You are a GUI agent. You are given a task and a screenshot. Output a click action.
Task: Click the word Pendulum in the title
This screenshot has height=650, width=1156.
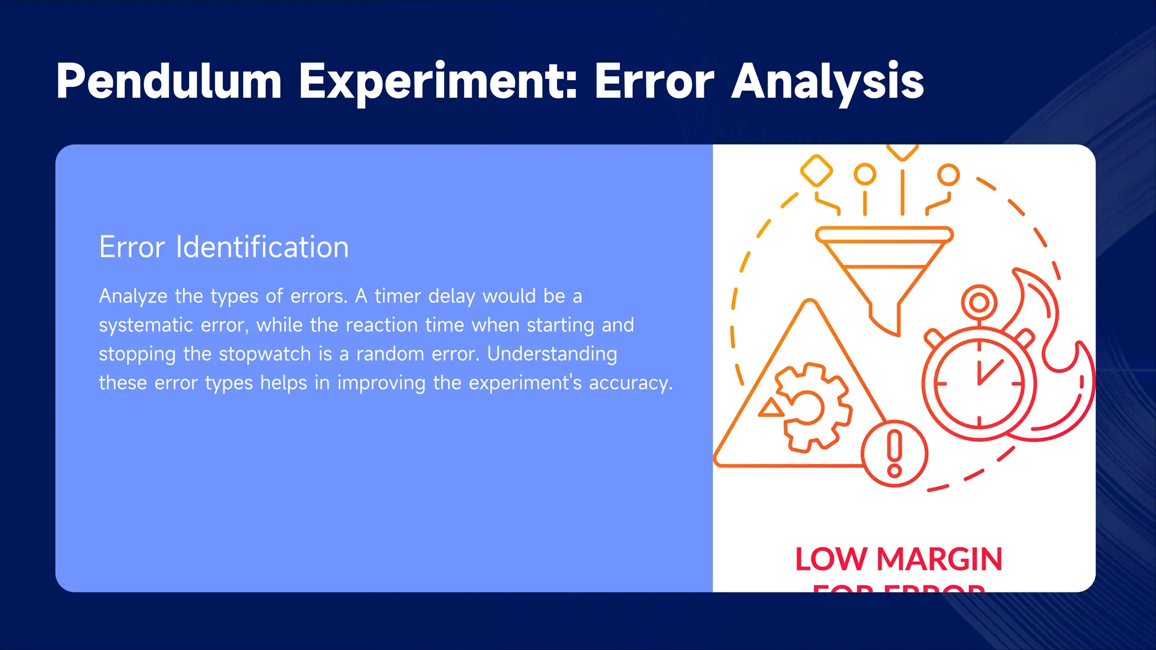[169, 82]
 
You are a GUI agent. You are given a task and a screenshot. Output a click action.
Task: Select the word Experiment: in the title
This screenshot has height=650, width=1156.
[438, 82]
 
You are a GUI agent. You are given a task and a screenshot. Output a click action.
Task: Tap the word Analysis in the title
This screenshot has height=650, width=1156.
[827, 82]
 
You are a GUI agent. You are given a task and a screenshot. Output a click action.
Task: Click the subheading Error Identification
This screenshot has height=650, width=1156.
[224, 247]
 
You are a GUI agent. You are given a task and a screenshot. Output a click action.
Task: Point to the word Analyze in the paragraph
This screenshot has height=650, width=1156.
[133, 296]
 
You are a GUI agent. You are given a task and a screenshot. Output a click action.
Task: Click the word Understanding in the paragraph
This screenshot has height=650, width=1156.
[552, 354]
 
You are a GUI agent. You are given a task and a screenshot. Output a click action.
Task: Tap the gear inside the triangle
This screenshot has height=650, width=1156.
[813, 407]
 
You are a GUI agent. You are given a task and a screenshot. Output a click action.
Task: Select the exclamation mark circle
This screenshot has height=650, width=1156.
[895, 454]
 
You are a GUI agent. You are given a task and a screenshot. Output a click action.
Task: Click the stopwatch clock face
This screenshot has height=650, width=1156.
[979, 384]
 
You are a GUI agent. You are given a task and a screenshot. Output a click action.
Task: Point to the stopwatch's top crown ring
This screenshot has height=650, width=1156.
[979, 302]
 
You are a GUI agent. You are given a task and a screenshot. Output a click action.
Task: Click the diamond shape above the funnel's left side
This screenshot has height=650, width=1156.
[816, 170]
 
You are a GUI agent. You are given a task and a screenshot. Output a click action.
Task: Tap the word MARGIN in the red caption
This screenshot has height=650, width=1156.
[939, 559]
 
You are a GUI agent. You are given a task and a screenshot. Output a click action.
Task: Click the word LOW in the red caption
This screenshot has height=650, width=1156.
[830, 559]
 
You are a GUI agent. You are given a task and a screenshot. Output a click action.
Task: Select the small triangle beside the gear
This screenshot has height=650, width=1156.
[770, 408]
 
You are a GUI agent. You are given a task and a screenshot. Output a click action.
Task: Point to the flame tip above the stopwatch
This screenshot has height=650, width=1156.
[1019, 273]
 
